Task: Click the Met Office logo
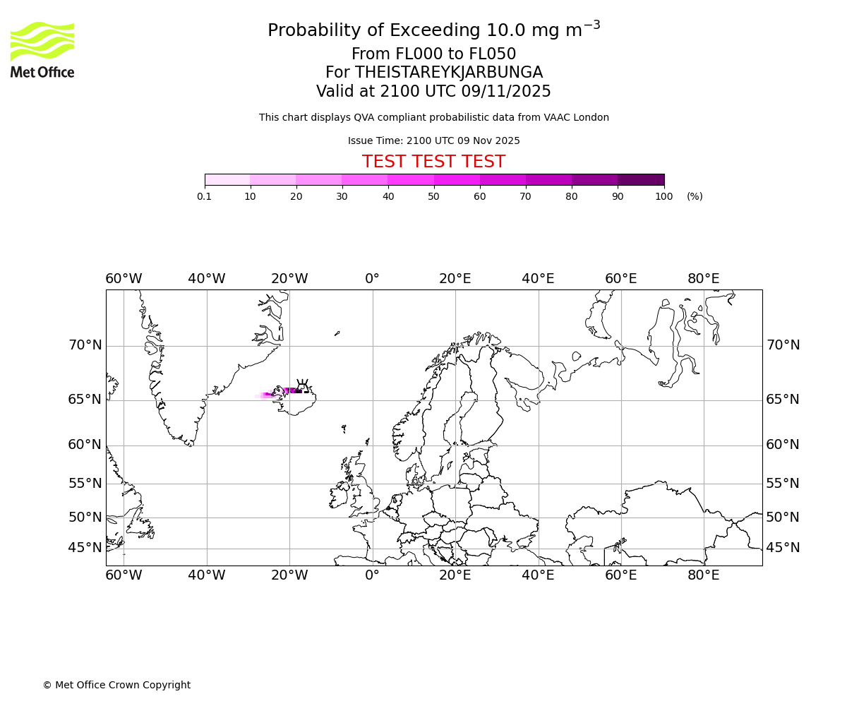(42, 49)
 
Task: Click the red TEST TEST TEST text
(433, 162)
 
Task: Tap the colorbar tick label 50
(433, 196)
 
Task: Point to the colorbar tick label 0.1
(204, 196)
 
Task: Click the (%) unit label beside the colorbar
(695, 196)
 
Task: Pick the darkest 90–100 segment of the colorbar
(641, 179)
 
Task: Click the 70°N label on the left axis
(85, 345)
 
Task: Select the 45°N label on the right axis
(783, 548)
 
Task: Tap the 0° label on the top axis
(372, 279)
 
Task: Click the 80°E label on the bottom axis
(704, 575)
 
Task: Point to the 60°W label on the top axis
(124, 279)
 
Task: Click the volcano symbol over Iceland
(302, 385)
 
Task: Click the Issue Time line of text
(433, 140)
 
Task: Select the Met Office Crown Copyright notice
(116, 685)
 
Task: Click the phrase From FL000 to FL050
(433, 54)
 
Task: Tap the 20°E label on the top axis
(455, 279)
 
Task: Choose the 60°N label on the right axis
(783, 445)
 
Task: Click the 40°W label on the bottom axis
(207, 575)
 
